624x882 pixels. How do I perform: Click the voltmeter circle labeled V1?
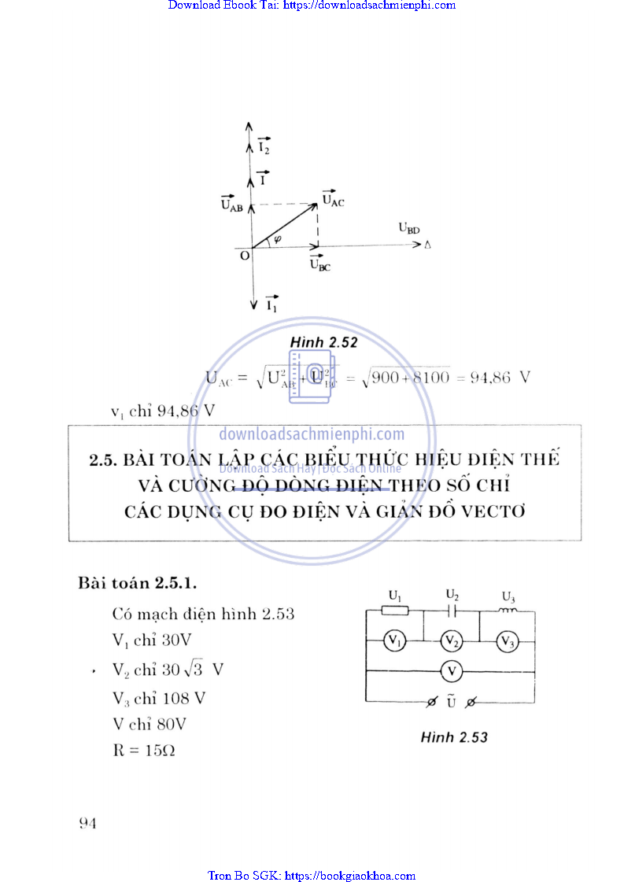pyautogui.click(x=394, y=641)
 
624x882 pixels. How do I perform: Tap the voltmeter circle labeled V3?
pyautogui.click(x=508, y=642)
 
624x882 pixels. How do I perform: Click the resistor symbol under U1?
pyautogui.click(x=394, y=610)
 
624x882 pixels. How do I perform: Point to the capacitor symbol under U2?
pyautogui.click(x=452, y=610)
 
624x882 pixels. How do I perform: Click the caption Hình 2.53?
pyautogui.click(x=454, y=737)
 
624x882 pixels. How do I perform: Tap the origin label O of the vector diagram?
pyautogui.click(x=244, y=256)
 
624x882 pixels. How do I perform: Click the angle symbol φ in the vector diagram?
pyautogui.click(x=278, y=238)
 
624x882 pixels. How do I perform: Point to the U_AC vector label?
pyautogui.click(x=333, y=200)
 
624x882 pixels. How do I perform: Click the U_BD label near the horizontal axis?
pyautogui.click(x=408, y=229)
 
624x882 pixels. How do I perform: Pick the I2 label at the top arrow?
pyautogui.click(x=264, y=147)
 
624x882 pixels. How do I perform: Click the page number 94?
pyautogui.click(x=87, y=823)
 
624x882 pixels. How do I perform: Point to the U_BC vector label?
pyautogui.click(x=319, y=264)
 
